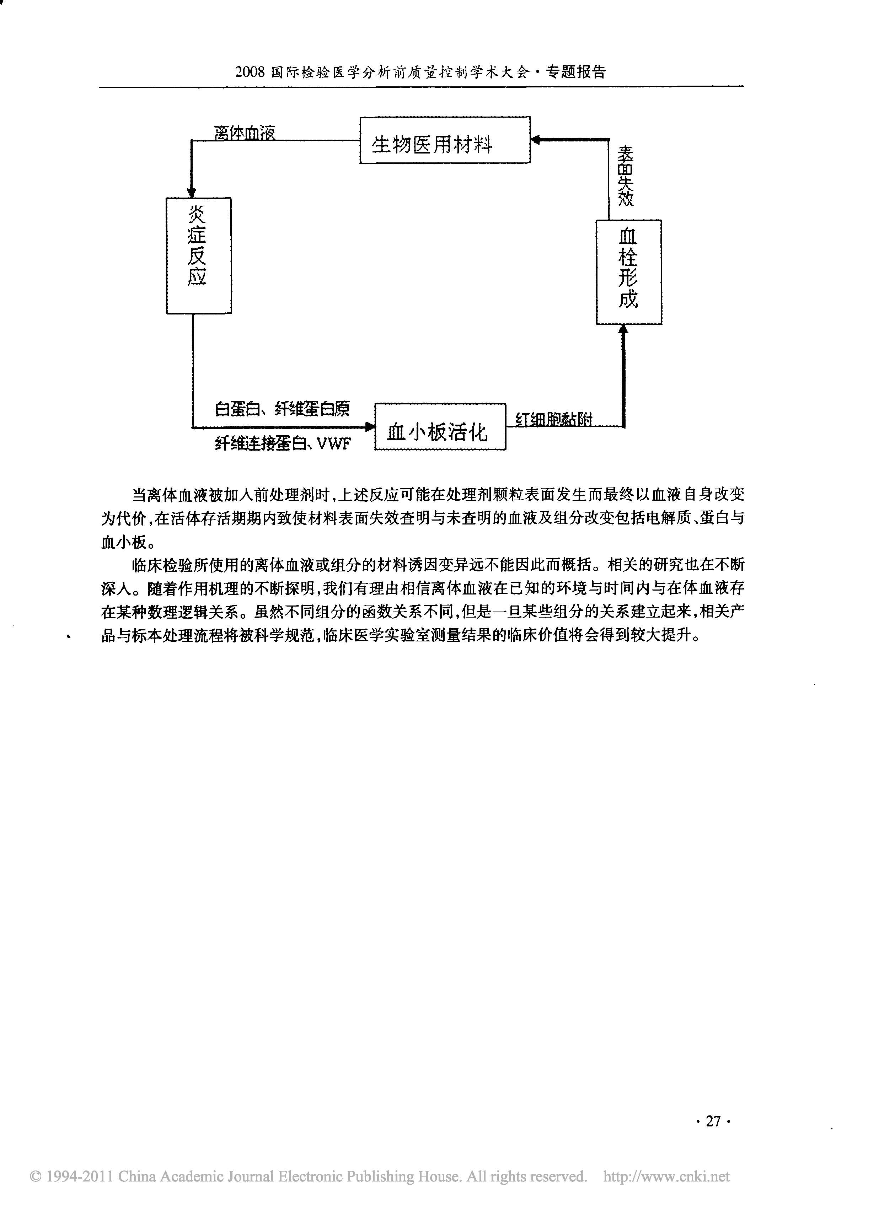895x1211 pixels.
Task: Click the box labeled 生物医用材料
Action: (445, 140)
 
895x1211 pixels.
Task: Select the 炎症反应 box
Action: (199, 255)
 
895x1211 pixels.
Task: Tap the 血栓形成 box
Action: (628, 272)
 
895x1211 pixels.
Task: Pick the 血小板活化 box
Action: (440, 427)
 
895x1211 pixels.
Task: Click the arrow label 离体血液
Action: (245, 133)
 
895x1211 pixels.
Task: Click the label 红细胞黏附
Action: (554, 419)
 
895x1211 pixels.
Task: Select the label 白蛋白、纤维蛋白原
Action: (282, 409)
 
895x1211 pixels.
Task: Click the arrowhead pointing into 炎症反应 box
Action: (191, 192)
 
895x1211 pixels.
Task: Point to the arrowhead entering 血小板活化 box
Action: (370, 427)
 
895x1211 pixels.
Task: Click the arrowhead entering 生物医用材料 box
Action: (536, 140)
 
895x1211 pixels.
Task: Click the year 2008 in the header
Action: (250, 72)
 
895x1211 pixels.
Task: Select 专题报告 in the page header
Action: (576, 72)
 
